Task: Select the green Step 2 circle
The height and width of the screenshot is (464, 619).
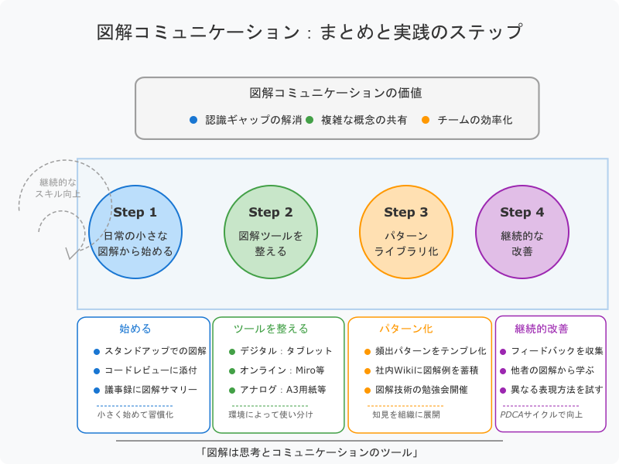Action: pyautogui.click(x=271, y=232)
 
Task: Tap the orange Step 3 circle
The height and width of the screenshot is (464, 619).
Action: pyautogui.click(x=406, y=232)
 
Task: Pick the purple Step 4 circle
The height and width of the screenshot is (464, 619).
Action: pyautogui.click(x=522, y=232)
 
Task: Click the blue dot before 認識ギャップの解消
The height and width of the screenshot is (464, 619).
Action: pyautogui.click(x=193, y=120)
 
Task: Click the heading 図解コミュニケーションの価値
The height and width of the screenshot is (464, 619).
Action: pyautogui.click(x=336, y=93)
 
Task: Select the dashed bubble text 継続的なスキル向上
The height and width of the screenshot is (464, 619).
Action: pyautogui.click(x=59, y=188)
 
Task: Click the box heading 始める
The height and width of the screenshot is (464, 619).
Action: pyautogui.click(x=135, y=329)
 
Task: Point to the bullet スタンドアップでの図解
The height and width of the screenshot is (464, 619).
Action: pyautogui.click(x=150, y=351)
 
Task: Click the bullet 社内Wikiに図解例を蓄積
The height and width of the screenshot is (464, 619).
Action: pyautogui.click(x=426, y=370)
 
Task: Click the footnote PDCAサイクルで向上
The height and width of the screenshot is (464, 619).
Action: pyautogui.click(x=542, y=415)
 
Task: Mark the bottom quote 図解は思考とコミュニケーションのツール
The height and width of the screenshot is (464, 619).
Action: pyautogui.click(x=309, y=452)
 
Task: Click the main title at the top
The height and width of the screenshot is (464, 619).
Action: pyautogui.click(x=309, y=32)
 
